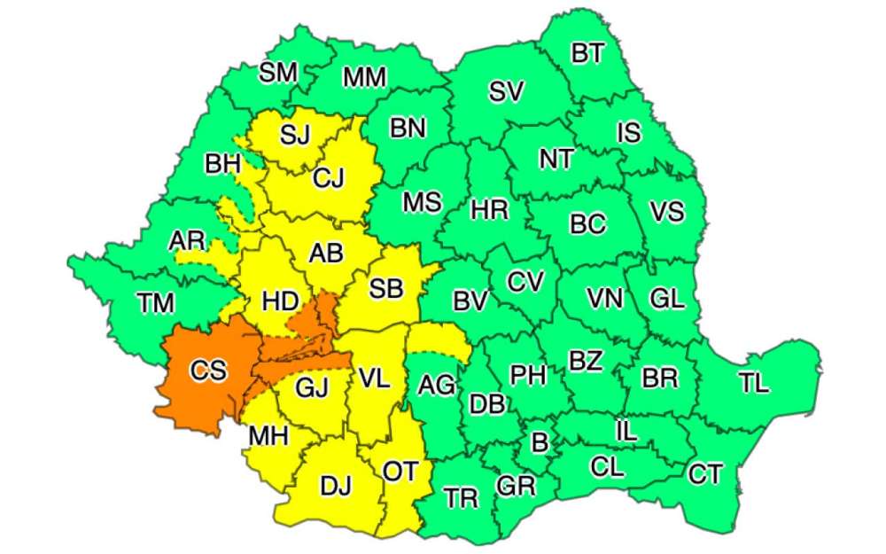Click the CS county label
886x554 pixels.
[208, 371]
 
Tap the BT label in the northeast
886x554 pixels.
[587, 54]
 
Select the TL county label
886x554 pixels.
[754, 384]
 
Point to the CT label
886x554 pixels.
[705, 475]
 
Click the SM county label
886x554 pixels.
[277, 73]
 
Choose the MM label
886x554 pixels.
[364, 78]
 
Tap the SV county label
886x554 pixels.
[506, 91]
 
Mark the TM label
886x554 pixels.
[156, 304]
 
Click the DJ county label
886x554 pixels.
[335, 486]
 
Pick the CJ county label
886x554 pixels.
[330, 179]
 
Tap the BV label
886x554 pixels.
[470, 301]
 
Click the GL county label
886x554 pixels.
[667, 299]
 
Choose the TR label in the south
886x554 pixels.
[461, 498]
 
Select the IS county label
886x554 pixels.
[628, 133]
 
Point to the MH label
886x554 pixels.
[268, 437]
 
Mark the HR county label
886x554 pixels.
[489, 210]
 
